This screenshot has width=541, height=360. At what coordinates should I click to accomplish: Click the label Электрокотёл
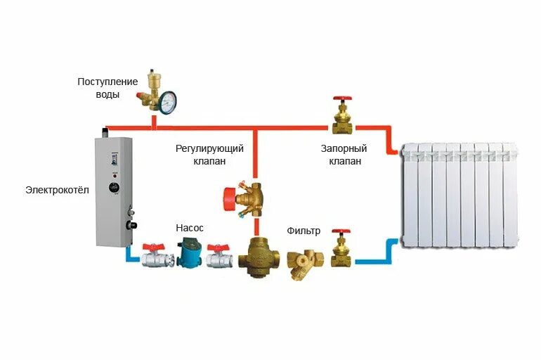pos(57,190)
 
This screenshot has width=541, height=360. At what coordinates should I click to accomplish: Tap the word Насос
pos(190,229)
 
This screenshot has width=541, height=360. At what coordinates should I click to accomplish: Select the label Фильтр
pos(304,231)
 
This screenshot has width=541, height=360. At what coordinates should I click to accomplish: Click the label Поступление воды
pos(108,88)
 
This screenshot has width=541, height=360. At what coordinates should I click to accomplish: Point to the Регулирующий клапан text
pos(209,155)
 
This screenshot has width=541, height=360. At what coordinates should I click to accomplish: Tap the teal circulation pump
pos(188,254)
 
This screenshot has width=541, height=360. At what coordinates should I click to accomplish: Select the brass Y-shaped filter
pos(303,263)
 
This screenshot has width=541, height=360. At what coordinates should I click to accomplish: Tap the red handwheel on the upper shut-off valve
pos(342,101)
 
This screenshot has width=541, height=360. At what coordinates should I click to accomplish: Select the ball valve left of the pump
pos(155,257)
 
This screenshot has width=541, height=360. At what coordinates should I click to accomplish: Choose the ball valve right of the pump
pos(220,257)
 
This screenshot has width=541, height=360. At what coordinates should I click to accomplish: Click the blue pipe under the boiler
pos(131,254)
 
